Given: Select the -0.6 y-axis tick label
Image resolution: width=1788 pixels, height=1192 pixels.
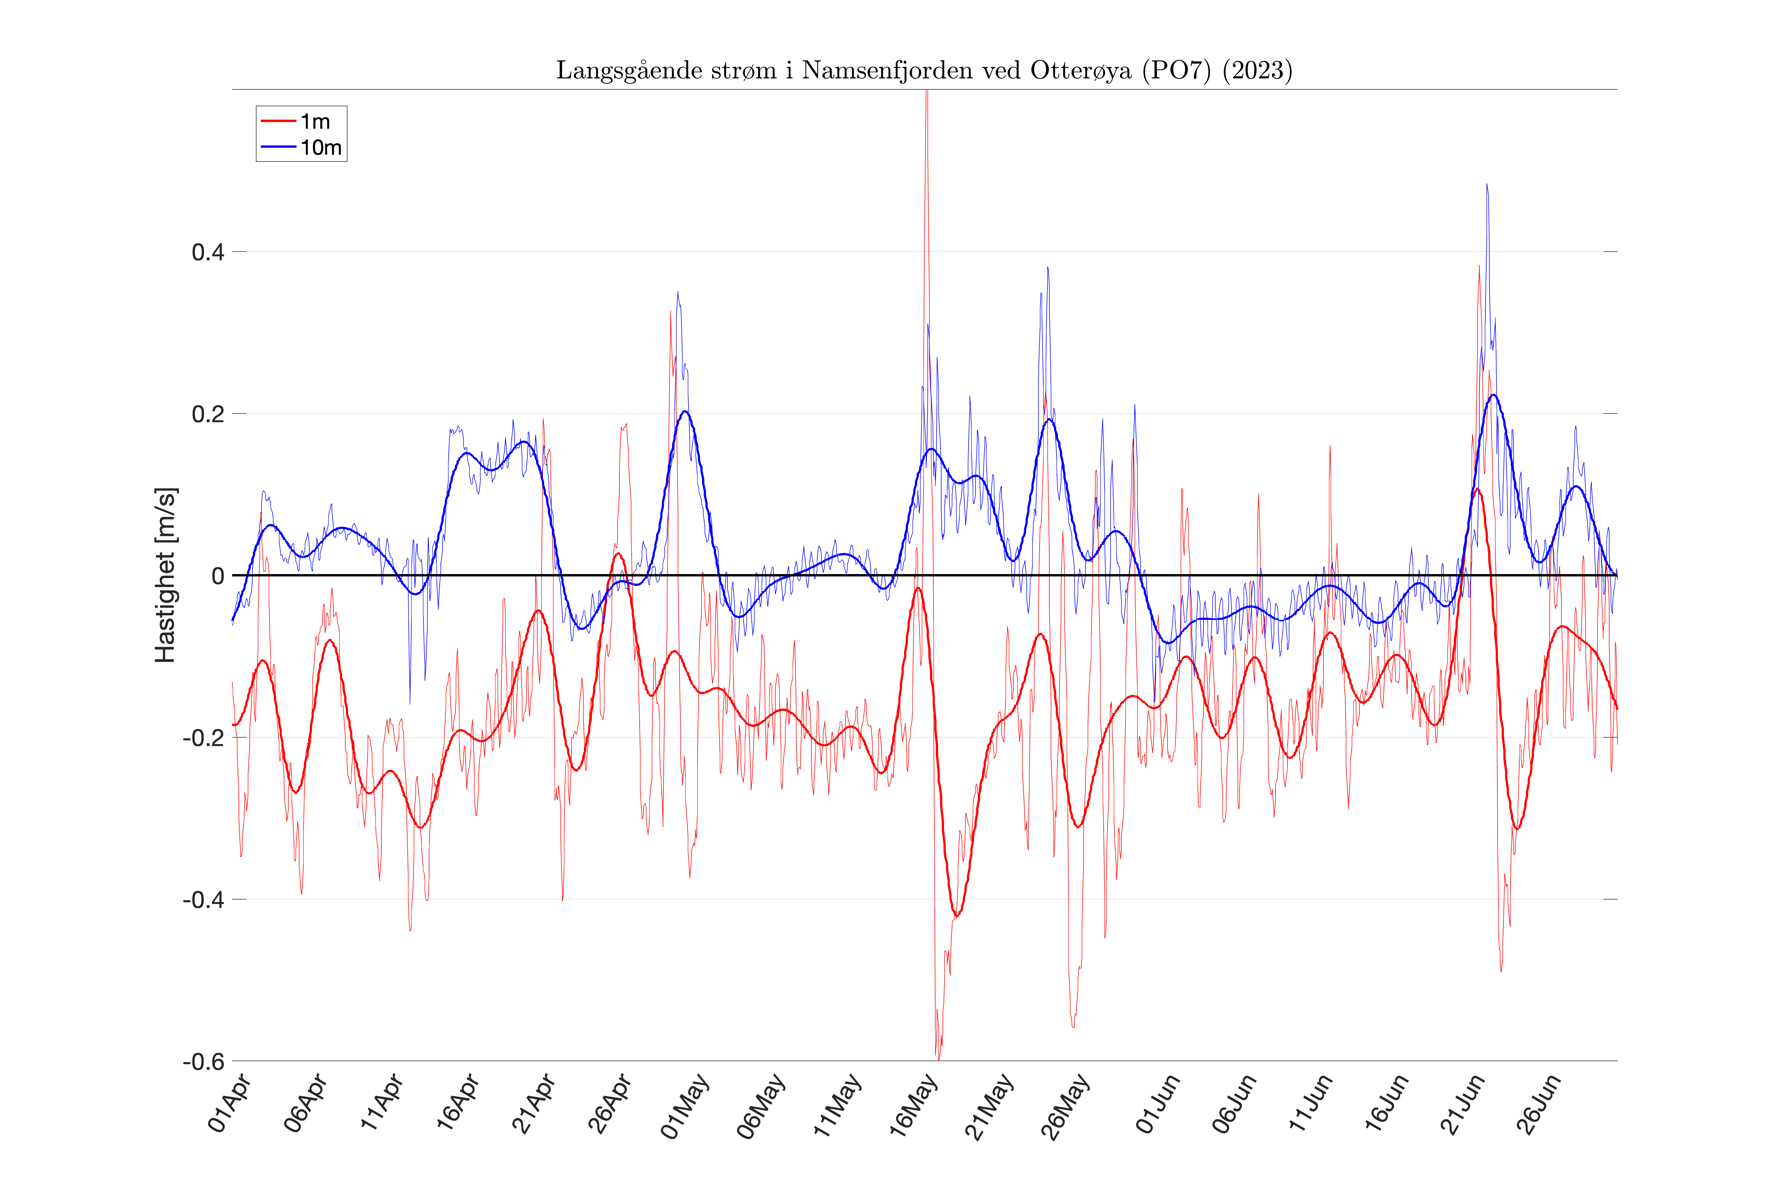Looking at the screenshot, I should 204,1061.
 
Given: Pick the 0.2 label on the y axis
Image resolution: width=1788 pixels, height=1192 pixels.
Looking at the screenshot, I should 207,414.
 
